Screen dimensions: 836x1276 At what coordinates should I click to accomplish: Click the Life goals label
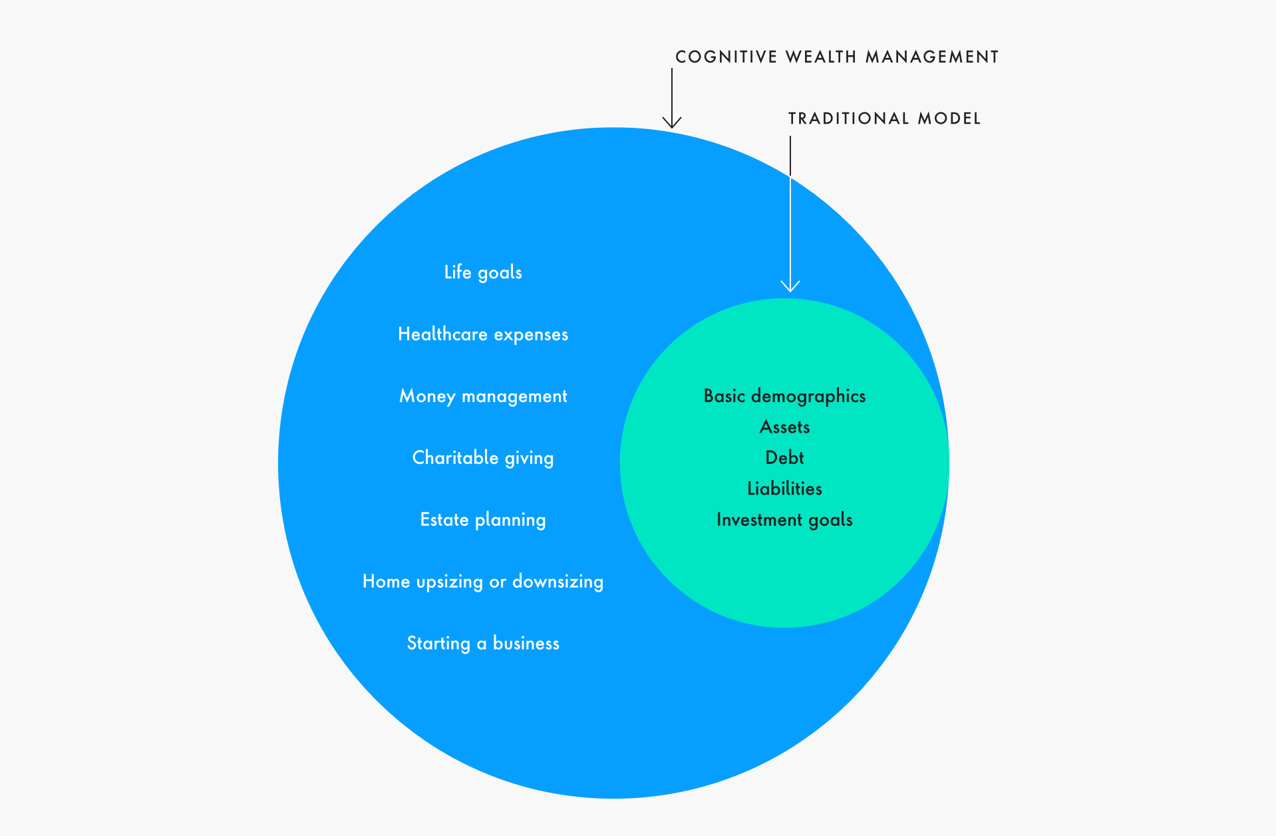pyautogui.click(x=483, y=272)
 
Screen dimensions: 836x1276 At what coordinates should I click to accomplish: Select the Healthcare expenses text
pyautogui.click(x=483, y=334)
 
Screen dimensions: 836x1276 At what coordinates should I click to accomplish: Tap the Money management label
pyautogui.click(x=483, y=396)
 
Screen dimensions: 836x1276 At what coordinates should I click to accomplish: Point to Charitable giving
pyautogui.click(x=483, y=458)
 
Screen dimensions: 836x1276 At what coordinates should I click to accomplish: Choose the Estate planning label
pyautogui.click(x=483, y=520)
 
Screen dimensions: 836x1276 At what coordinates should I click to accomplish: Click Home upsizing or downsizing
pyautogui.click(x=483, y=582)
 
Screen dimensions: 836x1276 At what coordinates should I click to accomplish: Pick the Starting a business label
pyautogui.click(x=483, y=644)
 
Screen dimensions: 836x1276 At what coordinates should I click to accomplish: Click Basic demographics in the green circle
pyautogui.click(x=784, y=396)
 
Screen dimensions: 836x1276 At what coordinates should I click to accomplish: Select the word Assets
pyautogui.click(x=784, y=427)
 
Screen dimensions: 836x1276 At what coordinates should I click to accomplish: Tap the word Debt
pyautogui.click(x=784, y=458)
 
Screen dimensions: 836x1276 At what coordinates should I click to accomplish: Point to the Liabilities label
pyautogui.click(x=784, y=489)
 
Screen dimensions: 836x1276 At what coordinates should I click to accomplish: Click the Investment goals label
pyautogui.click(x=784, y=520)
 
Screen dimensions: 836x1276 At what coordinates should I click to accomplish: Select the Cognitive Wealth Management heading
pyautogui.click(x=837, y=57)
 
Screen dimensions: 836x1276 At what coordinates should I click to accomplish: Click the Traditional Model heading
pyautogui.click(x=884, y=119)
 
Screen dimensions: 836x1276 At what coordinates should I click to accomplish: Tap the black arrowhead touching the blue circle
pyautogui.click(x=672, y=122)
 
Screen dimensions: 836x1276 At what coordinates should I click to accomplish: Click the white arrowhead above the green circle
pyautogui.click(x=790, y=287)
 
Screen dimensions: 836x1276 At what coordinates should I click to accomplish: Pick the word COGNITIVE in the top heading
pyautogui.click(x=726, y=57)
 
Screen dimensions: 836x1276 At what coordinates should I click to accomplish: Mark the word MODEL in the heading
pyautogui.click(x=949, y=119)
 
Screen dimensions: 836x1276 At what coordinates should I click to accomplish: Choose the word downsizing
pyautogui.click(x=558, y=582)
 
